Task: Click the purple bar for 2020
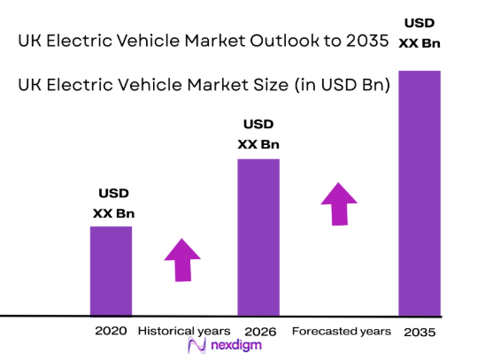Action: pos(111,271)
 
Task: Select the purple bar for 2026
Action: pos(258,237)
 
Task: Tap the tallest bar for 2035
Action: pos(419,193)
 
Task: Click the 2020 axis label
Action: pos(111,331)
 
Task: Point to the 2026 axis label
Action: pos(258,331)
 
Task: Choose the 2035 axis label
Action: pos(419,331)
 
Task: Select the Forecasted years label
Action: pos(341,331)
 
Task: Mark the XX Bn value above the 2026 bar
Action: pos(258,144)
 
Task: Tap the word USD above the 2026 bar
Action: pos(258,124)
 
